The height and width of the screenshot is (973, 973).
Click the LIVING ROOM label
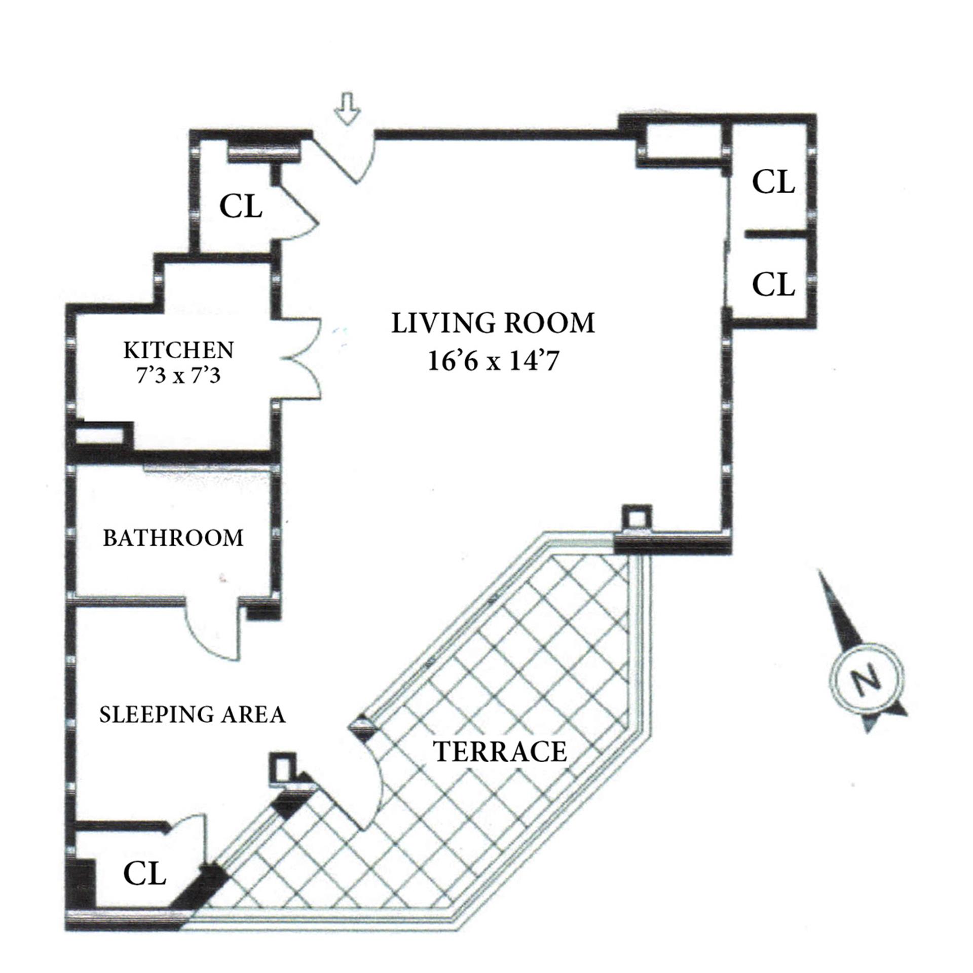493,323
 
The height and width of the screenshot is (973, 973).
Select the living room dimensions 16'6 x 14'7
494,362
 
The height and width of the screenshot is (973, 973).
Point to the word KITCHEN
179,350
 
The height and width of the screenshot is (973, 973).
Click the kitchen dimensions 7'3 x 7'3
178,376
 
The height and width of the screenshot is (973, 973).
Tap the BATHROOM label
173,538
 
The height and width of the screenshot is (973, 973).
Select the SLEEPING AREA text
192,714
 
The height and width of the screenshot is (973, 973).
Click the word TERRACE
500,751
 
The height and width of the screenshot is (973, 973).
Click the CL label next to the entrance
241,206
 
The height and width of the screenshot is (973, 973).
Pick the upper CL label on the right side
773,182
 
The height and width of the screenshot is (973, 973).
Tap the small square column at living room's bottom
637,518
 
